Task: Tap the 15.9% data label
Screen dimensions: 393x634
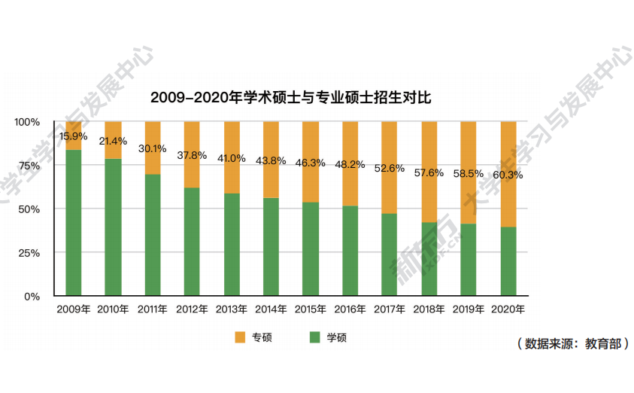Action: tap(74, 136)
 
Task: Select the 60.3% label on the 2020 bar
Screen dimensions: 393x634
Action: tap(508, 175)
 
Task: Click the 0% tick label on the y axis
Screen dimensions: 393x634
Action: tap(32, 296)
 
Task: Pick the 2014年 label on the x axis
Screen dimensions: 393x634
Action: tap(271, 309)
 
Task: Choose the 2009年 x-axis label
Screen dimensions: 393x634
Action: tap(74, 309)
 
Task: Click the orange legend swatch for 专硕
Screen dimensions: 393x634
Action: tap(241, 337)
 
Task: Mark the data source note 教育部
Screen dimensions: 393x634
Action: tap(572, 343)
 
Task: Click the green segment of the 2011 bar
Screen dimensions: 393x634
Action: tap(153, 235)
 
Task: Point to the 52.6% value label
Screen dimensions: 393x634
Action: tap(390, 168)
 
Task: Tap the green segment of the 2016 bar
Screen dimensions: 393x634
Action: tap(350, 250)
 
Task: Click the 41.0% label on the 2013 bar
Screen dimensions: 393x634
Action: tap(232, 158)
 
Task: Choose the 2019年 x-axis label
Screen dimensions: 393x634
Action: tap(468, 309)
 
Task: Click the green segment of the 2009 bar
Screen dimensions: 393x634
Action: tap(74, 223)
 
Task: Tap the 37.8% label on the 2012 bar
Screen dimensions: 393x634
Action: tap(192, 155)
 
